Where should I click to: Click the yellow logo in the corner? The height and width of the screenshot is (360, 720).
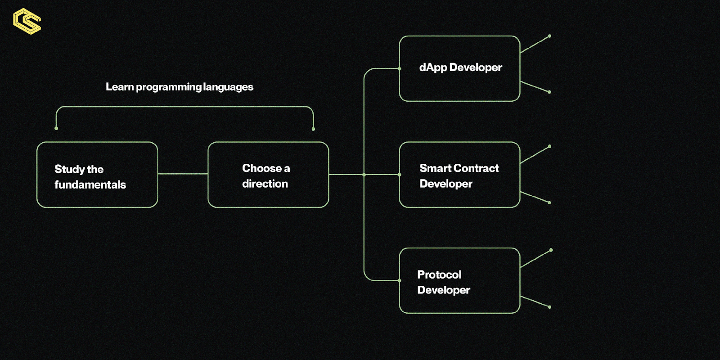27,21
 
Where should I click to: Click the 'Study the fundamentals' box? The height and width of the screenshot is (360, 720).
97,175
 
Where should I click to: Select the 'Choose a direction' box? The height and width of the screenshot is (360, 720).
268,175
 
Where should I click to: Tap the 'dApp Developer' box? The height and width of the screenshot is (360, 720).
459,68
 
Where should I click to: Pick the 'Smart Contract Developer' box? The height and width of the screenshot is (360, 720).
459,175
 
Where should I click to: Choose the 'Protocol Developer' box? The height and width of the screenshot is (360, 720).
459,280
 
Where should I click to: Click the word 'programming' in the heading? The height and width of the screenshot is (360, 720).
169,87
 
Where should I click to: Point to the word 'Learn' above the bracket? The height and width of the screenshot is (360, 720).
119,87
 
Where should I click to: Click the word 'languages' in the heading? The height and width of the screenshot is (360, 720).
228,87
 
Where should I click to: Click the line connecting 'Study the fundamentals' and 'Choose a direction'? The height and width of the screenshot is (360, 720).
183,174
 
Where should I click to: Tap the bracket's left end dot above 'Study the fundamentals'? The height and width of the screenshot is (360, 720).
56,129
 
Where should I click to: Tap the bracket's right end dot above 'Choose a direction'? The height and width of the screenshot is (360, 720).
313,129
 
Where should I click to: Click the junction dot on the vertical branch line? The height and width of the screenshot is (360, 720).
364,175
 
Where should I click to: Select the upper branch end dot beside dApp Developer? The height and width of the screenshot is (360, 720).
549,36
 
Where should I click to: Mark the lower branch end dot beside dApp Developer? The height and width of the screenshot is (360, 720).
549,92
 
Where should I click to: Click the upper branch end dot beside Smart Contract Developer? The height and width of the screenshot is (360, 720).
549,146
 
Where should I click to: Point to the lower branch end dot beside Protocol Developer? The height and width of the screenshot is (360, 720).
549,307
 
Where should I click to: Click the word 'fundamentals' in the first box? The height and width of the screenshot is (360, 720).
90,184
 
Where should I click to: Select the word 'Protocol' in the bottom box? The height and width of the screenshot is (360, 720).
439,274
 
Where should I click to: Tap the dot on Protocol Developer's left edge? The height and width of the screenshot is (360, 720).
400,280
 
